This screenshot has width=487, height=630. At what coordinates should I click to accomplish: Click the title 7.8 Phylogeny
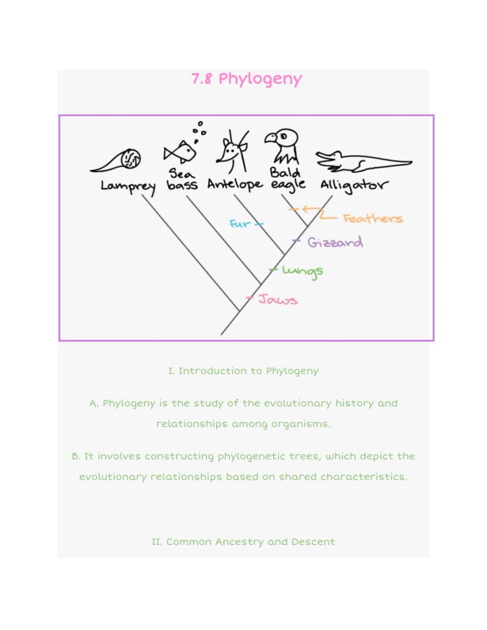point(246,79)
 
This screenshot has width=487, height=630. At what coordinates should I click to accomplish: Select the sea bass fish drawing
point(180,152)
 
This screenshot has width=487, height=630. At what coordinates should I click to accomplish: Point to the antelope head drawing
point(230,151)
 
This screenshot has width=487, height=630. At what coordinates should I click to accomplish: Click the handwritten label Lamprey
point(128,186)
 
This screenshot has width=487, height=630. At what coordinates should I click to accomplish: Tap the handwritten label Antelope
point(234,184)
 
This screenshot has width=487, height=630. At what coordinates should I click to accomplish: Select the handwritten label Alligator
point(353,185)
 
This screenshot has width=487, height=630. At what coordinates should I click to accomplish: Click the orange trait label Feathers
point(373,219)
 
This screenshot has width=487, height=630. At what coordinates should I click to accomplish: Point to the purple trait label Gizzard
point(335,242)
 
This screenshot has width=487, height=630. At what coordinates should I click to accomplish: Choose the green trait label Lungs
point(302,271)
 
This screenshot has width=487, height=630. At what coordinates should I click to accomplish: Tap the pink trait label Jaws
point(278,300)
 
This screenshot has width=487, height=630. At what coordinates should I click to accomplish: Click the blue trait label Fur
point(239,224)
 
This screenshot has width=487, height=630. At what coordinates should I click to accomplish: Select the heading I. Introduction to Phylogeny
point(243,371)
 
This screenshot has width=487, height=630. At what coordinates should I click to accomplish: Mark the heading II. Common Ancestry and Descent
point(243,542)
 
